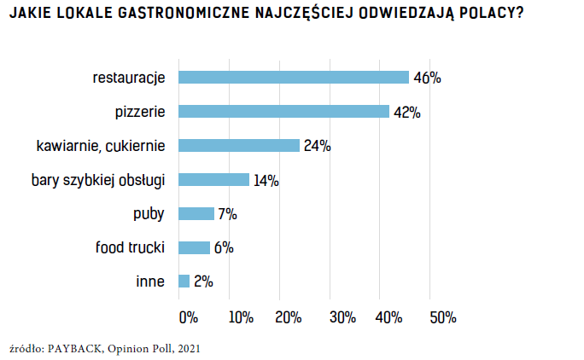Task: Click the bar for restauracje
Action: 293,78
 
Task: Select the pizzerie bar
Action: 283,112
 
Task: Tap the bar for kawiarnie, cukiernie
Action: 238,145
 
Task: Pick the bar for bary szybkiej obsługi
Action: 213,179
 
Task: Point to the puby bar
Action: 196,213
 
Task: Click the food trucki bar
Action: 193,247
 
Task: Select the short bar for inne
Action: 184,281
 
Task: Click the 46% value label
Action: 427,78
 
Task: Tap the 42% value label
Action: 406,113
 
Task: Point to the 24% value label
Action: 317,146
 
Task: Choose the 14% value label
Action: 266,180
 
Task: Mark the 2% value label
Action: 202,282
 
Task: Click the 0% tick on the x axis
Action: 188,317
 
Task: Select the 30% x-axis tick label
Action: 342,317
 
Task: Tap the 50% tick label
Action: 442,317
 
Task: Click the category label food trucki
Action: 129,247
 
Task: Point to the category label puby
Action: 149,214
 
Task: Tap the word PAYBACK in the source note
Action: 78,348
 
